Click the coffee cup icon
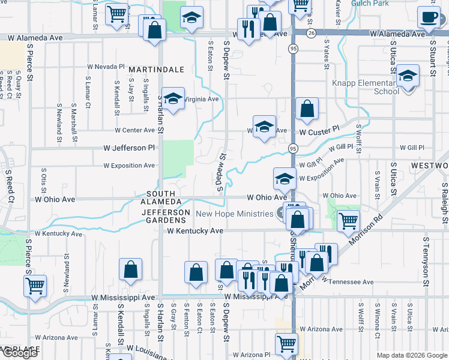click(x=429, y=17)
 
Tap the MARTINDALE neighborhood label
click(x=156, y=70)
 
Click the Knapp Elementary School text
click(x=366, y=87)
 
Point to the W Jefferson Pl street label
click(x=129, y=148)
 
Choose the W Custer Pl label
click(x=319, y=131)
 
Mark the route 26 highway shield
click(x=311, y=33)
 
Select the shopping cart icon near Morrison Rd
click(x=348, y=221)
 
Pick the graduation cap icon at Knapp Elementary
click(x=408, y=76)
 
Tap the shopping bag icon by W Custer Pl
click(x=307, y=109)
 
